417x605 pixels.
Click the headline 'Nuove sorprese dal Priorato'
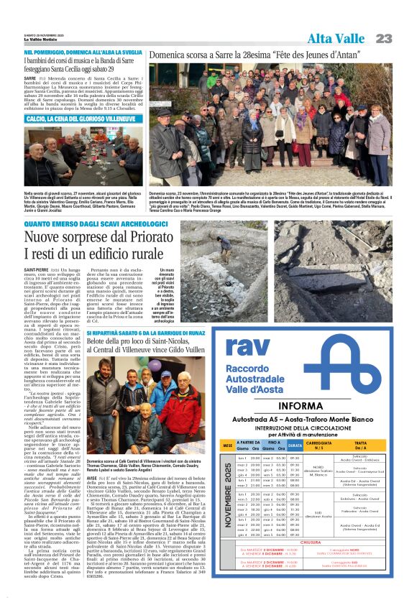pos(106,237)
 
